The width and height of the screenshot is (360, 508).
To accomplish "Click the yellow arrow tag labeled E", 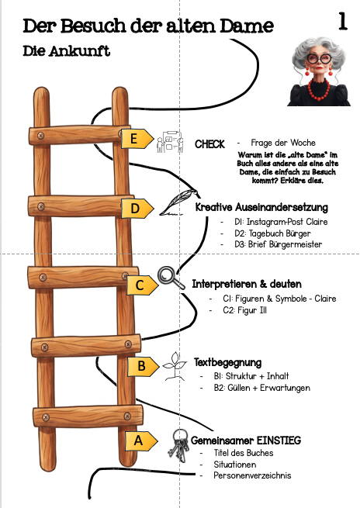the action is coord(137,139).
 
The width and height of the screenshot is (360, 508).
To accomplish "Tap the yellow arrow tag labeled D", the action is coord(137,209).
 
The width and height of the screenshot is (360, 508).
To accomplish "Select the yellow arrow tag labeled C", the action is coord(142,285).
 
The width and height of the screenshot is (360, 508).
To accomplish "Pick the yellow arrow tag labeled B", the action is coord(144,366).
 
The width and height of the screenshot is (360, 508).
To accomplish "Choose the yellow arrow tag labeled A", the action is coord(141,441).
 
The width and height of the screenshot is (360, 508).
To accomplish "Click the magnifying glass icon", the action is coord(171,278).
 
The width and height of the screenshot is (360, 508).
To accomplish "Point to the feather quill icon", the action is coord(178,202).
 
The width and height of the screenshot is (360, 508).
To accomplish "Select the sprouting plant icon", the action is coord(175,366).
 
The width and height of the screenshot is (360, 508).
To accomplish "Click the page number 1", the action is coord(343,22).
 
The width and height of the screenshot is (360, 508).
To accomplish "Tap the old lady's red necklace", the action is coord(319,89).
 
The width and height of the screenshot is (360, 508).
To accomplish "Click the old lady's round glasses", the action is coord(319,59).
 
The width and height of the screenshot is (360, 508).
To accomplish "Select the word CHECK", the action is coord(209,144).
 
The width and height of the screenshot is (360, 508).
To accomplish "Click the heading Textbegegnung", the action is coord(228,362).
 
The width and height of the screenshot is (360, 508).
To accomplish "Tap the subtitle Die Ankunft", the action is coord(67,51).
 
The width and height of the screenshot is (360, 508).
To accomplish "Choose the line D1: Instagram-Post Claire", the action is coord(281,222).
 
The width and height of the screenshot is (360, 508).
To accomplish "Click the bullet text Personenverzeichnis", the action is coord(252,475).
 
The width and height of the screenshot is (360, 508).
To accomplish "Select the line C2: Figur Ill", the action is coord(244,310).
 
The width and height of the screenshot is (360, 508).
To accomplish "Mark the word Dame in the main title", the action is coord(247,26).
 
